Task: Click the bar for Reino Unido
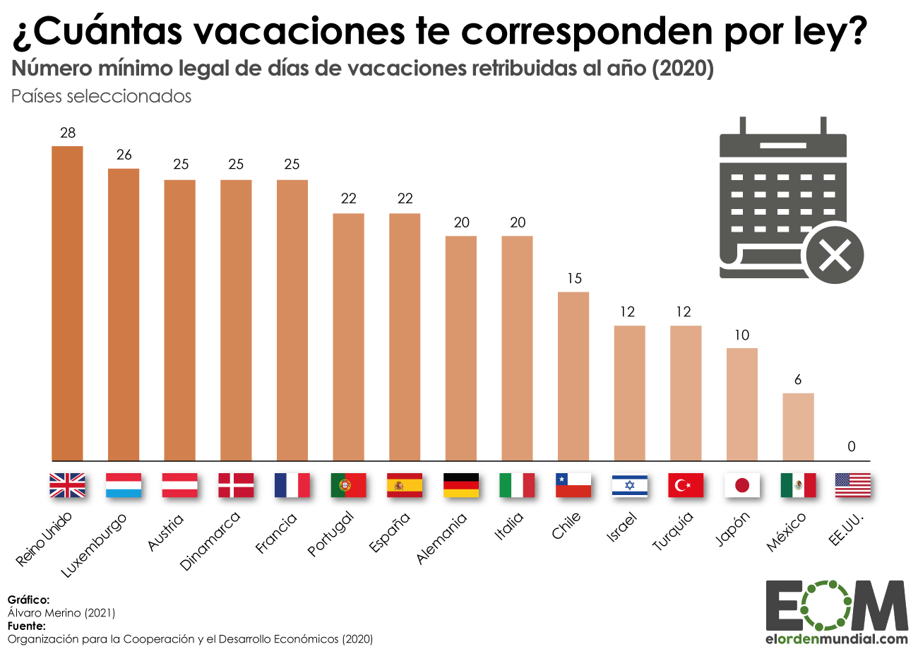(x=67, y=304)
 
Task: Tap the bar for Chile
(x=573, y=376)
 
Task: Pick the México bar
(x=798, y=427)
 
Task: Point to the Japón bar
(x=742, y=404)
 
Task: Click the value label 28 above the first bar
(x=68, y=133)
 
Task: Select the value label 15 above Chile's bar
(x=573, y=278)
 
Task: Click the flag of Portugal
(x=348, y=485)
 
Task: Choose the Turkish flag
(x=686, y=485)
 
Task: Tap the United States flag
(x=853, y=485)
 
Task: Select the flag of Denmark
(x=236, y=485)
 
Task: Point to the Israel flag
(x=629, y=485)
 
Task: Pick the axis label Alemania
(x=442, y=538)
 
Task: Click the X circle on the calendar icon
(x=835, y=253)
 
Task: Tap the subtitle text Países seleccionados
(x=102, y=97)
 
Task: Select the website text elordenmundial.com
(x=837, y=639)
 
